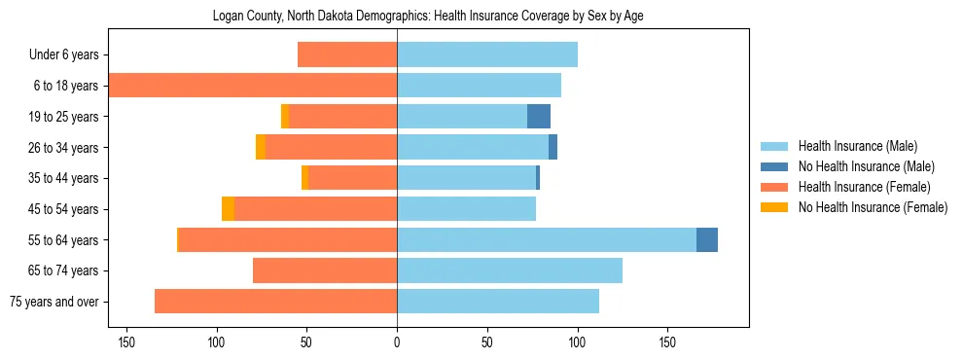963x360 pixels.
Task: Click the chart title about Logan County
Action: pyautogui.click(x=428, y=16)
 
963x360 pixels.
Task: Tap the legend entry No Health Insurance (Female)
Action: pyautogui.click(x=873, y=207)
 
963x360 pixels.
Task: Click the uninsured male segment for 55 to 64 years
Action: pyautogui.click(x=707, y=240)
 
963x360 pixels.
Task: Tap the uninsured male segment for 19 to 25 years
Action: pyautogui.click(x=539, y=117)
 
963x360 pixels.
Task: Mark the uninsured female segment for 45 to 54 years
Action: pyautogui.click(x=228, y=209)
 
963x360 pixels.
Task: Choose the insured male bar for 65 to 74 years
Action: pyautogui.click(x=510, y=270)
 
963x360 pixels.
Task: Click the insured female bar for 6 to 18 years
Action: pyautogui.click(x=253, y=86)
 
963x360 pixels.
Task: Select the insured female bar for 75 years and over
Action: pyautogui.click(x=275, y=302)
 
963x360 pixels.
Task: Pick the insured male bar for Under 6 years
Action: pyautogui.click(x=487, y=55)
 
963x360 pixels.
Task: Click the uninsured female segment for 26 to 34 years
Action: pyautogui.click(x=261, y=148)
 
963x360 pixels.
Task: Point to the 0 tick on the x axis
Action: pyautogui.click(x=397, y=342)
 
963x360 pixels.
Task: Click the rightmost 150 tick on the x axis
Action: pyautogui.click(x=667, y=342)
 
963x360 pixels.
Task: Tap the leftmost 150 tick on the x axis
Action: pyautogui.click(x=126, y=342)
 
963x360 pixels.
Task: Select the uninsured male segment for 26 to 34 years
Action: pyautogui.click(x=553, y=148)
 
